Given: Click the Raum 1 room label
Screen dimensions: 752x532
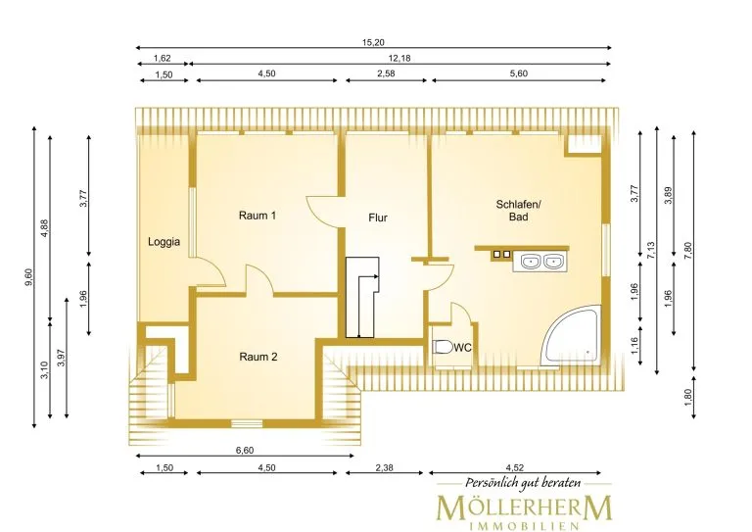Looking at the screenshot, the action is pos(258,216).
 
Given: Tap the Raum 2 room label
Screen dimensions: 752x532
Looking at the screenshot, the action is pos(258,357).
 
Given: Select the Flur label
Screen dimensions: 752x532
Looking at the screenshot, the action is pos(377,218).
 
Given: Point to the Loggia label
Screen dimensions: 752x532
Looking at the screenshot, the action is pos(164,242).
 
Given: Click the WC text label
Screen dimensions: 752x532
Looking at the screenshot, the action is pos(462,348).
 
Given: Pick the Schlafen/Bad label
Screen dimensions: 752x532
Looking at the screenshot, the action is pos(518,211).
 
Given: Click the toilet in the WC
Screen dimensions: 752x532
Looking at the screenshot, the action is pos(443,347).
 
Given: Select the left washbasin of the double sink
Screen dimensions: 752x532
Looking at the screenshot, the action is pos(531,262).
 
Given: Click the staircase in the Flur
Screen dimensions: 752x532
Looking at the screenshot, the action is pos(362,298).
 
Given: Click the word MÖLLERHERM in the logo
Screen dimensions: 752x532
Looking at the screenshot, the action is pos(524,508).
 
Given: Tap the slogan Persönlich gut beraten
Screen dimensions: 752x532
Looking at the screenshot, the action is pos(523,483).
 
